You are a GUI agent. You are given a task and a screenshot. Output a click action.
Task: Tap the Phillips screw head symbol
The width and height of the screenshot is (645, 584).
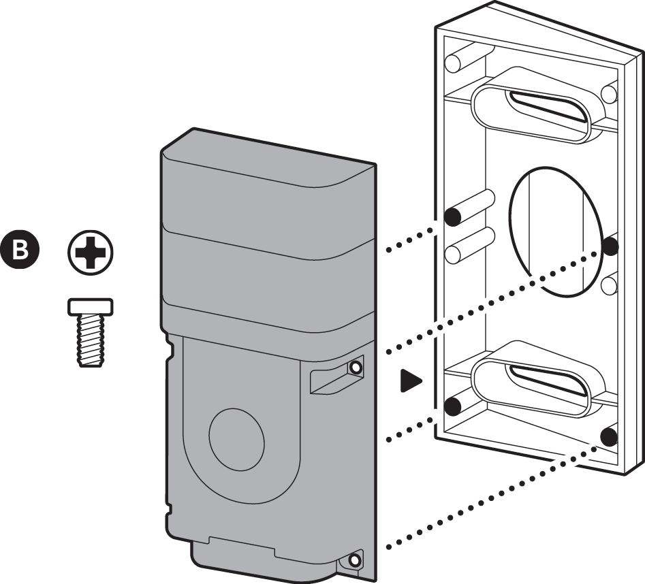pos(91,255)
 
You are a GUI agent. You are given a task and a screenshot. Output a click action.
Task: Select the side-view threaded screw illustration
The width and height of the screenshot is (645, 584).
pos(91,333)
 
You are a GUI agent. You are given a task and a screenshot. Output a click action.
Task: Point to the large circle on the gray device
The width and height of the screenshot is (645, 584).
pos(236,437)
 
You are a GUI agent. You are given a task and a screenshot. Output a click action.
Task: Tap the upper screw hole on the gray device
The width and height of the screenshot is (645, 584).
pos(355,368)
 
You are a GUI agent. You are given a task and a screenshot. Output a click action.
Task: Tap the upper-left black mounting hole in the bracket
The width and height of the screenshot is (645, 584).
pos(452,217)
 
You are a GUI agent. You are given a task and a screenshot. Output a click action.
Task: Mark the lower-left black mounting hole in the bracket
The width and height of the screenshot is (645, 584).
pos(452,406)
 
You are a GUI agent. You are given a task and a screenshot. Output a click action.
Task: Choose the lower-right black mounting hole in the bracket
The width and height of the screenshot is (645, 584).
pos(610,433)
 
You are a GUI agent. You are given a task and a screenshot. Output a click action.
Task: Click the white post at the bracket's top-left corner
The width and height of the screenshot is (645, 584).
pos(453,63)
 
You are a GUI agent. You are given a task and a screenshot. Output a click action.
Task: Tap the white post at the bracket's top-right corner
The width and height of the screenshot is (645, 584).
pos(610,92)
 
